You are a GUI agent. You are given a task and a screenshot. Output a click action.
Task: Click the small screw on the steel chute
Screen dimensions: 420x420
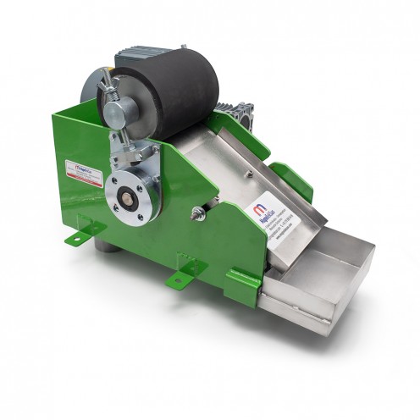[x=248, y=174]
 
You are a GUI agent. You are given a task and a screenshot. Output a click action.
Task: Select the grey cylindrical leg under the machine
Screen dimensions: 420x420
[x=103, y=246]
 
